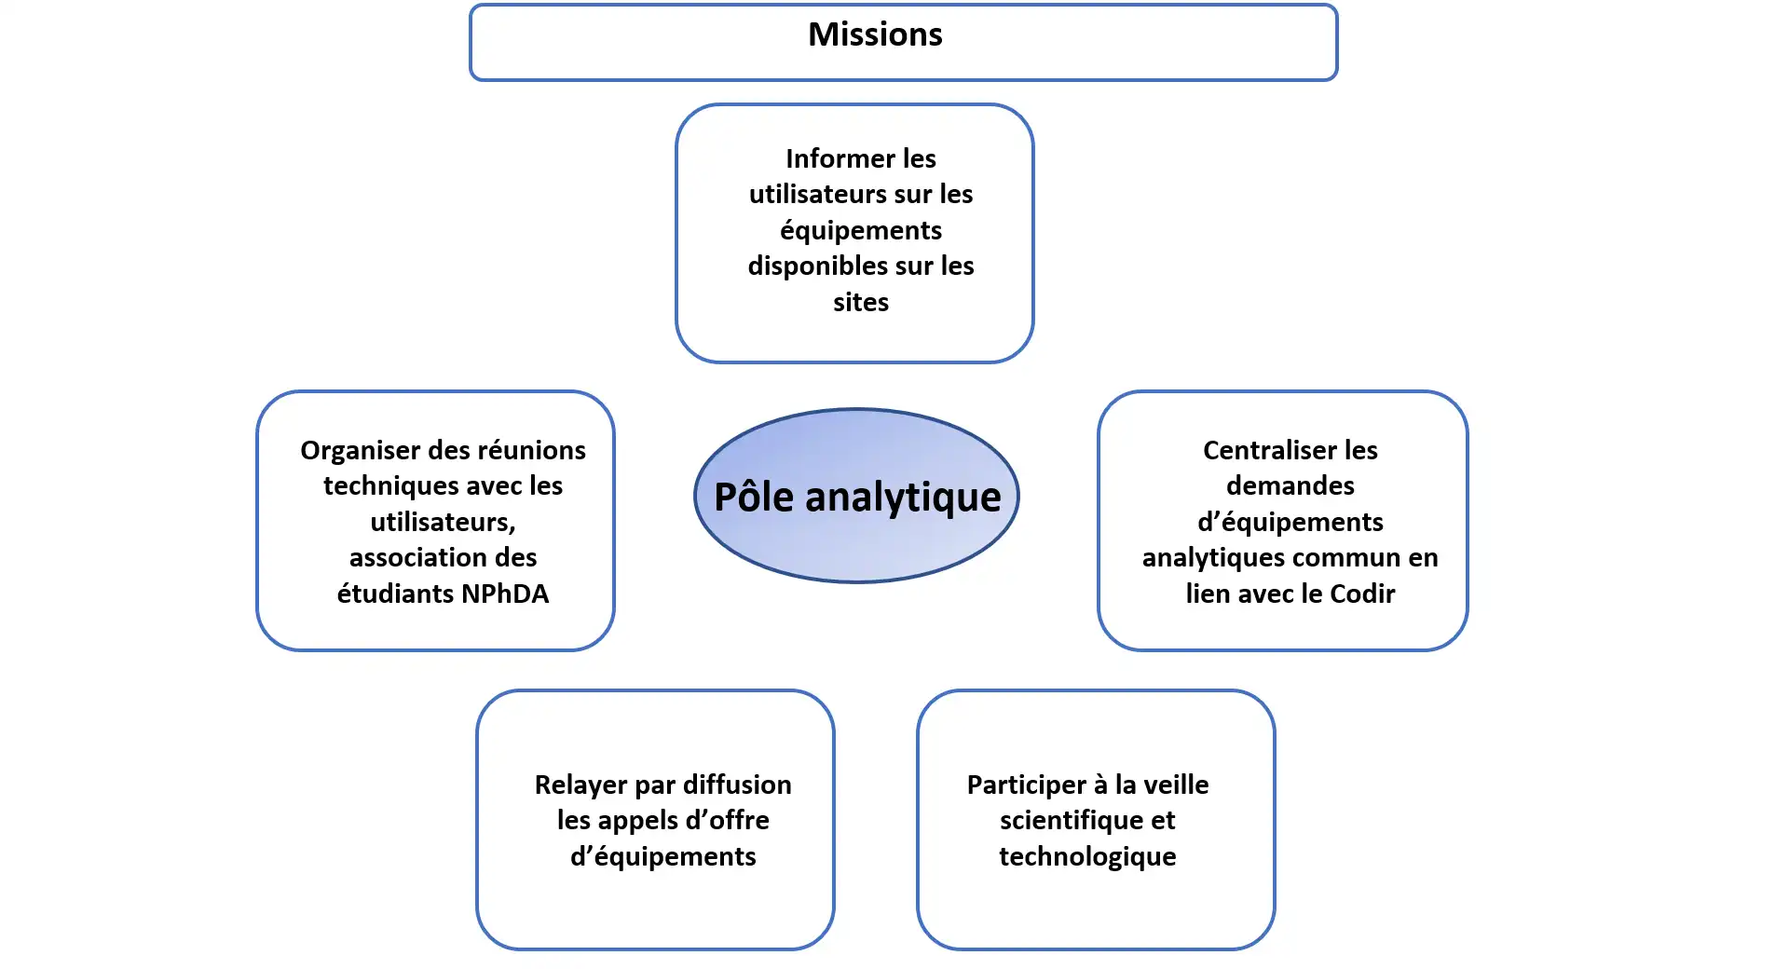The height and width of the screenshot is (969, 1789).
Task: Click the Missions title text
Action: (x=875, y=34)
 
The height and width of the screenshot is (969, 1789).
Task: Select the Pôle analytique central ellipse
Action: (x=856, y=496)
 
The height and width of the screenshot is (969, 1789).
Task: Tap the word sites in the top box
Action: (x=860, y=302)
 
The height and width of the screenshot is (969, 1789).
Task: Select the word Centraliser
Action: (x=1257, y=451)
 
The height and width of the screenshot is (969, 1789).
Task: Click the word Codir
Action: (x=1362, y=594)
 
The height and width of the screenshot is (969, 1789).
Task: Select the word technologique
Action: (x=1087, y=856)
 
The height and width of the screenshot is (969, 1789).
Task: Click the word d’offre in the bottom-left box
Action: (x=728, y=820)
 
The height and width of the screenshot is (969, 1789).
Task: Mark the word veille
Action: (x=1177, y=785)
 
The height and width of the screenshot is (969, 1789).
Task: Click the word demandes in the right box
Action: (x=1290, y=485)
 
